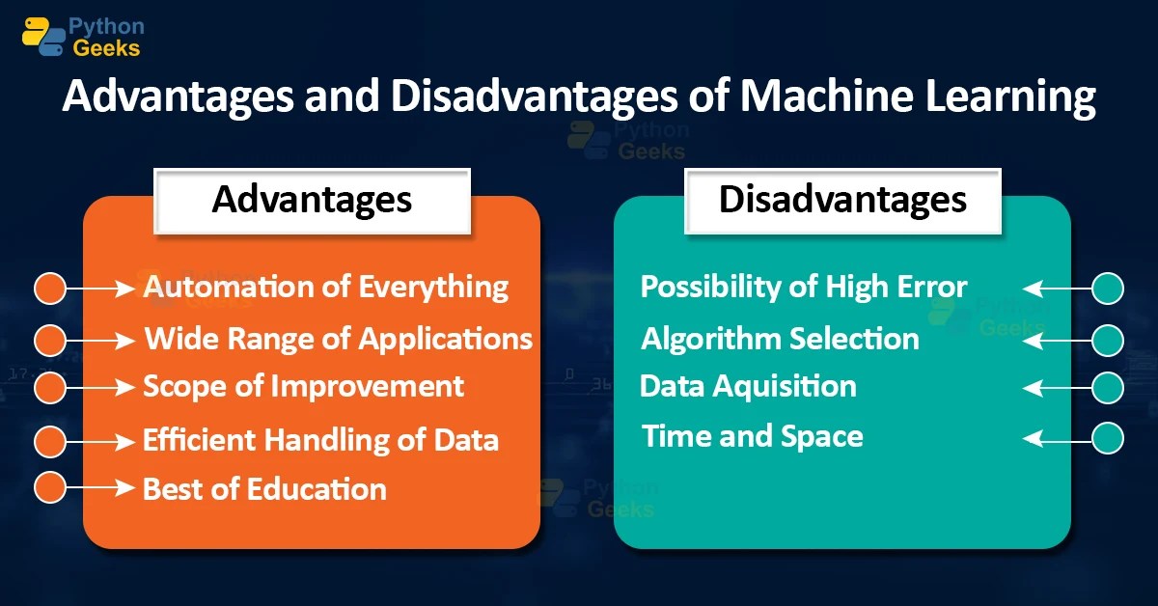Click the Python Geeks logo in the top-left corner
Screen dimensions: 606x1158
pos(82,35)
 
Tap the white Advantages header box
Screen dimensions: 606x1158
pos(312,200)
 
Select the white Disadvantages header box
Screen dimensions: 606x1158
pos(842,200)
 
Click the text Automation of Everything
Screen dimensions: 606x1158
pos(326,287)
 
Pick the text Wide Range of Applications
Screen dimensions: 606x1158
pos(338,339)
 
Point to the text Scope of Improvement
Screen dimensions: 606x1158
pos(303,386)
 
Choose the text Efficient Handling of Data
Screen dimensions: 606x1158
pos(320,440)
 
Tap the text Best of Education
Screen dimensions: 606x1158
pos(264,488)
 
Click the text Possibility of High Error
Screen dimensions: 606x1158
pos(804,287)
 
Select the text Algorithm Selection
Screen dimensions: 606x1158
pos(780,339)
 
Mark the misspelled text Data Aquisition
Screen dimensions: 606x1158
pos(748,386)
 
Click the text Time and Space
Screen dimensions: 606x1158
pos(753,436)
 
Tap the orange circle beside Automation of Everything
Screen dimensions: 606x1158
pos(49,288)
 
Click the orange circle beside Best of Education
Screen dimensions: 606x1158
pos(49,488)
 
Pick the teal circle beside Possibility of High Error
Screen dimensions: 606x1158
pos(1108,288)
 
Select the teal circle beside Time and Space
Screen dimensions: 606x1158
pos(1108,438)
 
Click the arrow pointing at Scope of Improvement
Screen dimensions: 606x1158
pos(99,387)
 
